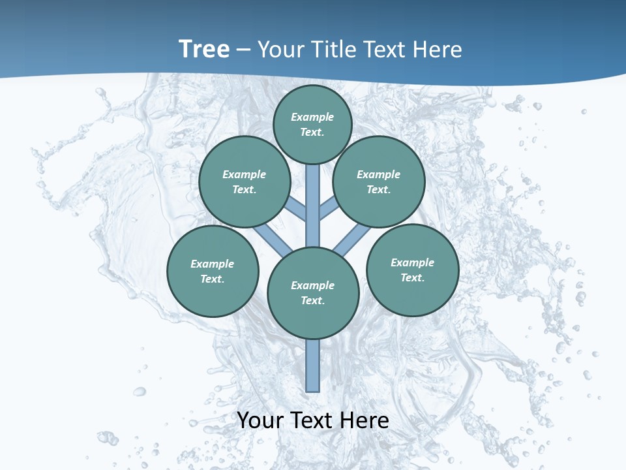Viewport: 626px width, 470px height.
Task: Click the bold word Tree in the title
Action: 204,50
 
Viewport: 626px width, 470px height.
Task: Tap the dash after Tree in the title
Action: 244,50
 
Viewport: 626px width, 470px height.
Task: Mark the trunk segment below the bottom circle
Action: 313,366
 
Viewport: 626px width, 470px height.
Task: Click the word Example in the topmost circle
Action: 312,117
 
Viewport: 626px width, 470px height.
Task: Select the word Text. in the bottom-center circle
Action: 312,300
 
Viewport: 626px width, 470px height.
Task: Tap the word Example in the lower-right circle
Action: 412,262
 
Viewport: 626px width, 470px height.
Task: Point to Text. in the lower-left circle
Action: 213,279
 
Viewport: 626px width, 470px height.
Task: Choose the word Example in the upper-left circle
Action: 245,174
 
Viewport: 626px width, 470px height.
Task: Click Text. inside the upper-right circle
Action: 378,189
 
